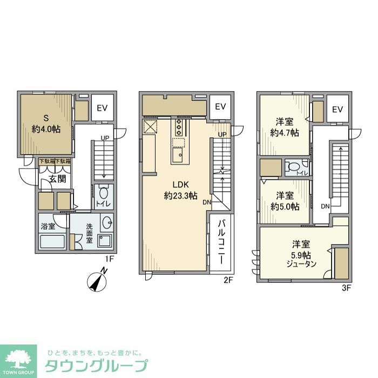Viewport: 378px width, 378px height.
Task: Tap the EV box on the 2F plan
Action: pos(220,107)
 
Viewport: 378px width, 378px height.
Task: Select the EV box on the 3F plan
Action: pos(337,110)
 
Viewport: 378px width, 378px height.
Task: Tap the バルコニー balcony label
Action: pos(221,241)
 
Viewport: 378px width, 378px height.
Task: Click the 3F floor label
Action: pos(346,288)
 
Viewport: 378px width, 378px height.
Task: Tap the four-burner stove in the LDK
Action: pos(178,127)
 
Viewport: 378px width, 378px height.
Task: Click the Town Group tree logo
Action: pos(18,360)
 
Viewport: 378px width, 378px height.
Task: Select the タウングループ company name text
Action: pos(97,365)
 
